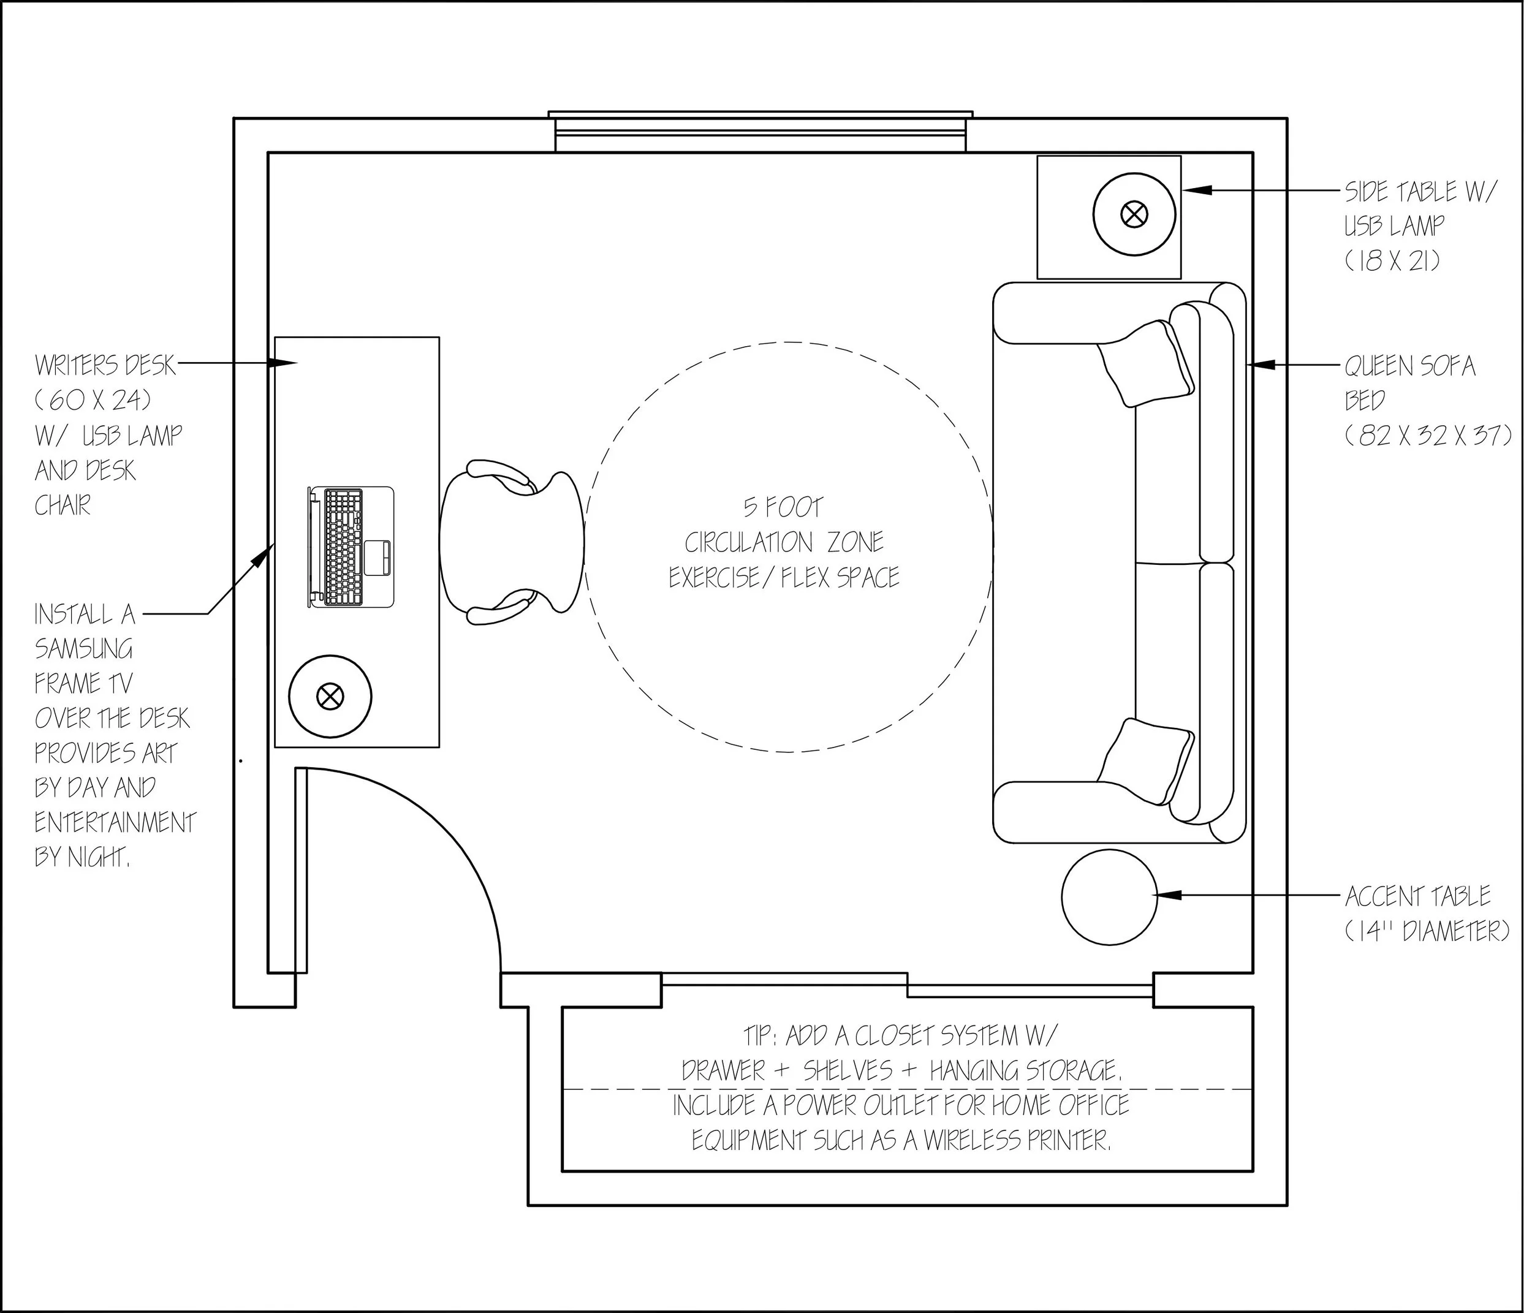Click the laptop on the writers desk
point(351,547)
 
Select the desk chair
point(512,543)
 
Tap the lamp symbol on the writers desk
point(329,695)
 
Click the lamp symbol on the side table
point(1132,215)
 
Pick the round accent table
point(1109,897)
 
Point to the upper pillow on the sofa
point(1147,363)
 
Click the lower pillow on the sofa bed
point(1147,762)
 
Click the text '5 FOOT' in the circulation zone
point(783,507)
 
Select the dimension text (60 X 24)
point(94,400)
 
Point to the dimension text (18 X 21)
point(1392,261)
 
